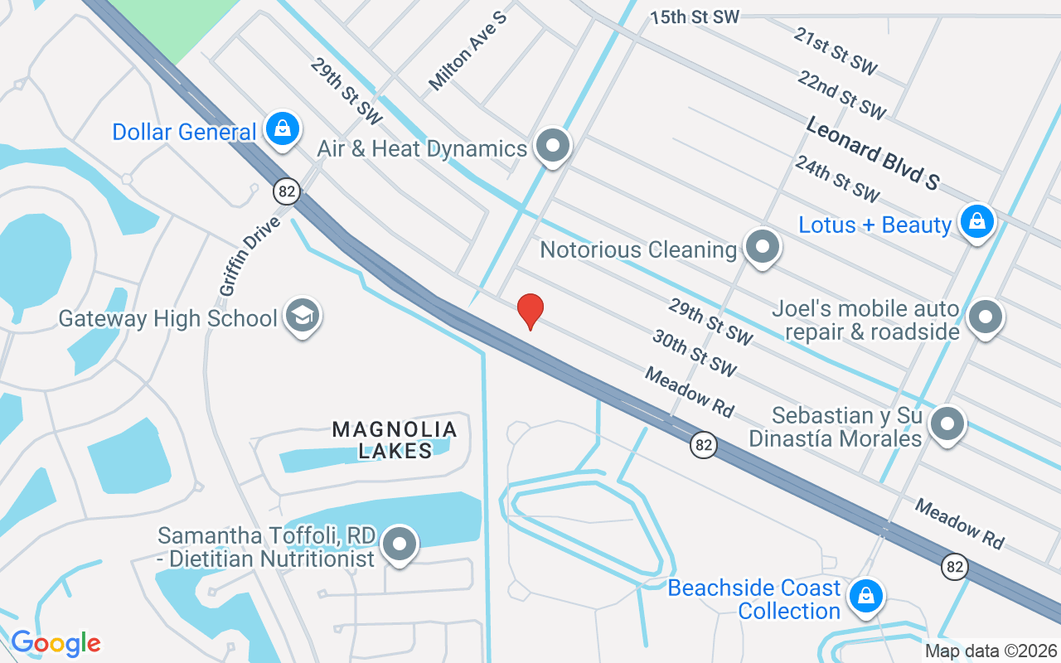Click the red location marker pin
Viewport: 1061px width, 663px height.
530,312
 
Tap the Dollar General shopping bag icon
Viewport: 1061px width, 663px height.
283,129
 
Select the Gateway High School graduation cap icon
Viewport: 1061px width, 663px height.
303,316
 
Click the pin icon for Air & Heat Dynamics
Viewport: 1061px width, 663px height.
553,147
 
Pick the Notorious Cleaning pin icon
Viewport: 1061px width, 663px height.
761,247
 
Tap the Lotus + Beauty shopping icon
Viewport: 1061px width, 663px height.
977,222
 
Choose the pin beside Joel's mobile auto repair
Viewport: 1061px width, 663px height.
986,317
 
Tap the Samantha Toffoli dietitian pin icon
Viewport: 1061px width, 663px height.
401,544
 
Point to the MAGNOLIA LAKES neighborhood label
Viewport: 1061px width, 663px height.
395,439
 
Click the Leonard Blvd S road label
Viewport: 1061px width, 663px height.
873,153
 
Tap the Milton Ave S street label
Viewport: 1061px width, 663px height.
468,51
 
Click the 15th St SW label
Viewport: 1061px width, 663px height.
694,17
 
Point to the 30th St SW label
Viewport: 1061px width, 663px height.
695,352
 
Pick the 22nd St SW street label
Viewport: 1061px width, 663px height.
842,94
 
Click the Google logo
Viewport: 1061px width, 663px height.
56,643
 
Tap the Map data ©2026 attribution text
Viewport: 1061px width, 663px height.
991,651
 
